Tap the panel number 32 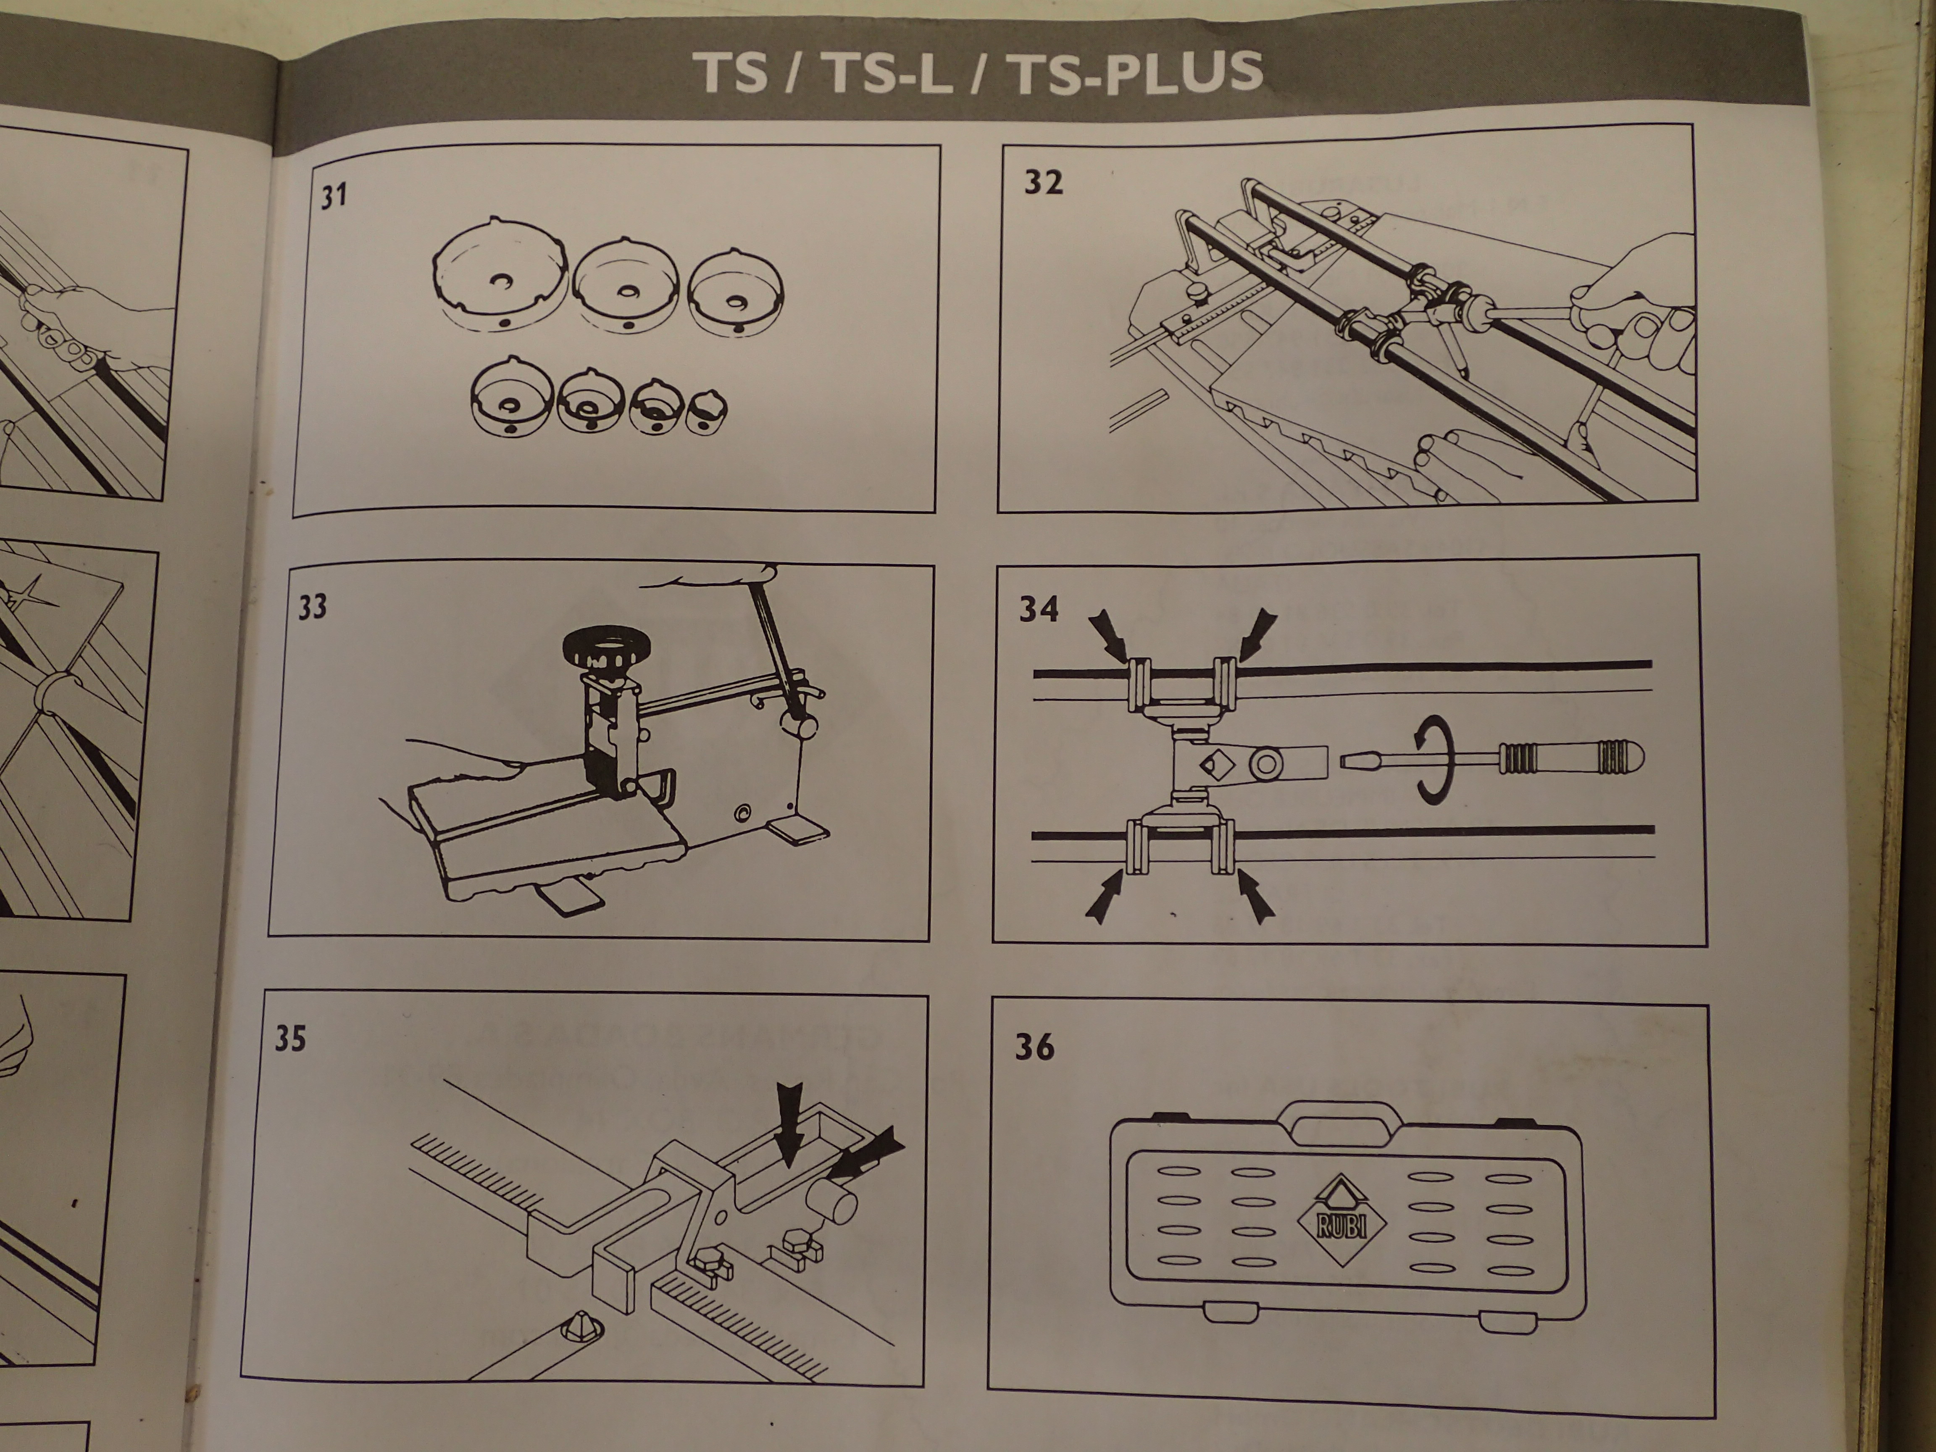(1043, 183)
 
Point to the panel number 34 (1039, 609)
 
